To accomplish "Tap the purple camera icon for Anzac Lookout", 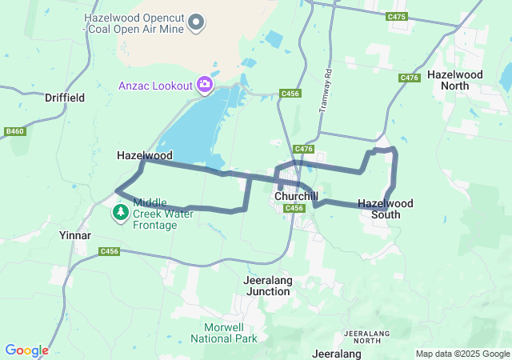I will [206, 84].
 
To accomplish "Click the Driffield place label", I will [65, 98].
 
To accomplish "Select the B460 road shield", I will [14, 131].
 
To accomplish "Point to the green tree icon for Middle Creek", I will [121, 213].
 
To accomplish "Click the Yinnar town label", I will [75, 236].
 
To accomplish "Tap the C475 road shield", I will [396, 17].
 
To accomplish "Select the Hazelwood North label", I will [449, 79].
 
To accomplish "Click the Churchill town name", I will [296, 196].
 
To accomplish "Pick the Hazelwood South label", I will [386, 208].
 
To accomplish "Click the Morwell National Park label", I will [230, 333].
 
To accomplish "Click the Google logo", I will [26, 350].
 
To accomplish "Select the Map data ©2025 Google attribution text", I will [462, 354].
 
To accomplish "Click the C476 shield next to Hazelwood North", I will [410, 78].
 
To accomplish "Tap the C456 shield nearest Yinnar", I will [110, 251].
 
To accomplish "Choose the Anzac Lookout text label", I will [155, 86].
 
